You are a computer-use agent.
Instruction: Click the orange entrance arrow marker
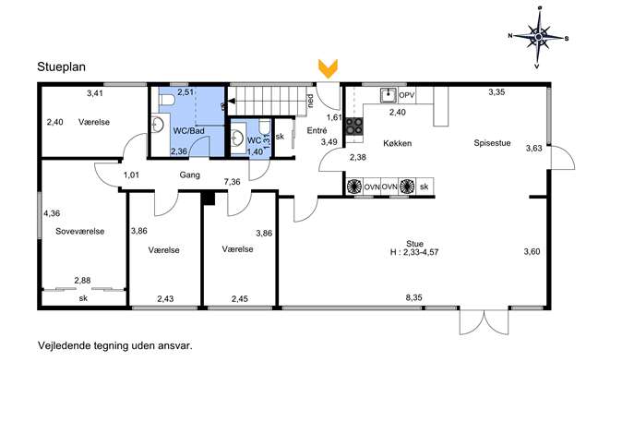point(328,68)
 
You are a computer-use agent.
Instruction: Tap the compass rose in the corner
point(538,37)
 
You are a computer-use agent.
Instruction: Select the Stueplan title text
point(62,66)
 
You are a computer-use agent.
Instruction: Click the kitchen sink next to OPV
point(389,95)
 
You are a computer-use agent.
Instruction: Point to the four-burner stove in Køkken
point(353,126)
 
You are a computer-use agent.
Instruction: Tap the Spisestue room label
point(492,143)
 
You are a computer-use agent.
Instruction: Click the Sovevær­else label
point(80,232)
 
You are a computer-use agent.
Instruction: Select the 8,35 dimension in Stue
point(414,297)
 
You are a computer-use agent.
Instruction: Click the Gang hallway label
point(189,175)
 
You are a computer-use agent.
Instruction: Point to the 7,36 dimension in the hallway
point(232,182)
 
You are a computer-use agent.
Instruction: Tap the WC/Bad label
point(189,131)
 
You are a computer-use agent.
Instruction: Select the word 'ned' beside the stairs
point(310,101)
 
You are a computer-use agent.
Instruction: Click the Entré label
point(317,130)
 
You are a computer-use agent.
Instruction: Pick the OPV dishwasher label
point(407,96)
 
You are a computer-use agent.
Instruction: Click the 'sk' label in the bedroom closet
point(83,298)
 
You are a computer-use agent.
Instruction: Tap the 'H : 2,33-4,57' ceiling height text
point(414,252)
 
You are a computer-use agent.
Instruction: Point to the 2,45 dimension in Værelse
point(240,299)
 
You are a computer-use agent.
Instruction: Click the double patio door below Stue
point(484,321)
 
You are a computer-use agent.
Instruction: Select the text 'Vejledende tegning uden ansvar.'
point(115,346)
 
